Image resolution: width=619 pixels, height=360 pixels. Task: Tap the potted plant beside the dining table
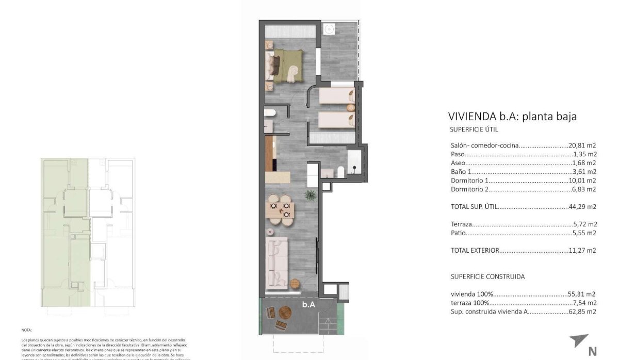tap(310, 195)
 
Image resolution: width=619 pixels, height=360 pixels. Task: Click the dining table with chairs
tap(281, 209)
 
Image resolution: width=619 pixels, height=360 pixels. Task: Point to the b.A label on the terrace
tap(308, 305)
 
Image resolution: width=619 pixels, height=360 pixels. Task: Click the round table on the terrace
tap(285, 313)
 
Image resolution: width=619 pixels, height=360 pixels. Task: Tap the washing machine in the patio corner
tap(329, 30)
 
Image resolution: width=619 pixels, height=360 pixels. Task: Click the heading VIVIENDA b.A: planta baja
tap(512, 117)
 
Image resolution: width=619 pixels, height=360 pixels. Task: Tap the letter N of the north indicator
tap(592, 352)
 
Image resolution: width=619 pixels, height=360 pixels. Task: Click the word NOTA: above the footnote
tap(26, 330)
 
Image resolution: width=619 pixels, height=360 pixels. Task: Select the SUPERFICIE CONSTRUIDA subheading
tap(487, 276)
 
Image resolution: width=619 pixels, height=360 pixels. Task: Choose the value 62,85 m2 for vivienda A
tap(584, 312)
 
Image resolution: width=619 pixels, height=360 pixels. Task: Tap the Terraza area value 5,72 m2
tap(585, 224)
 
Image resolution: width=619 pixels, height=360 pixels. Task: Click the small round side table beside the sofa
tap(295, 283)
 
